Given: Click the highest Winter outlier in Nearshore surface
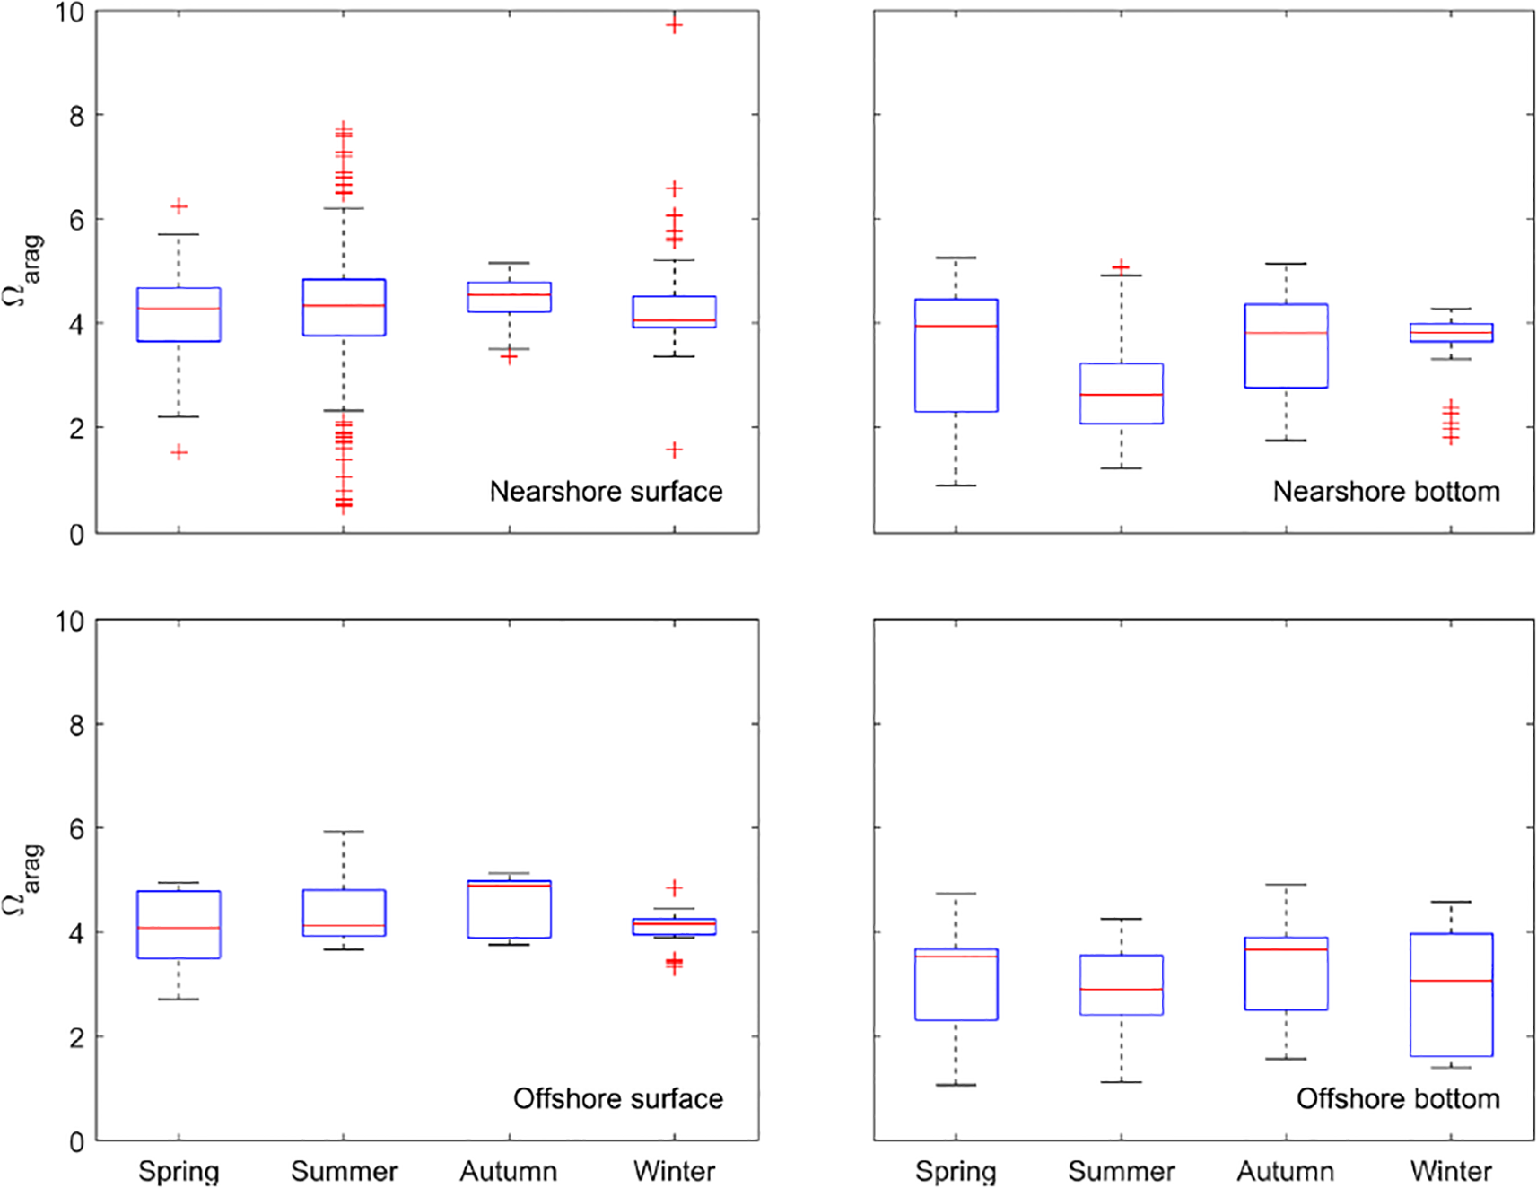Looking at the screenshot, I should (674, 25).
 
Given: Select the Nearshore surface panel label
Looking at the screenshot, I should (606, 492).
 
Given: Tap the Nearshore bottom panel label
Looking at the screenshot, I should (1385, 492).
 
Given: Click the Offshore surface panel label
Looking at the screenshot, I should (617, 1099).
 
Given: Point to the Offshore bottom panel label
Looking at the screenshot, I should (1397, 1099).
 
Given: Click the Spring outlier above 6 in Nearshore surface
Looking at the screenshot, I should (179, 207).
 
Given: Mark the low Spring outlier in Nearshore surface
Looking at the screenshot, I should (179, 452).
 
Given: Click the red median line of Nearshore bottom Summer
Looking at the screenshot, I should (1121, 395).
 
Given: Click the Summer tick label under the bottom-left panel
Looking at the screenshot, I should (344, 1171).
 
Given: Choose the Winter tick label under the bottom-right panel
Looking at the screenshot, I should (1451, 1171).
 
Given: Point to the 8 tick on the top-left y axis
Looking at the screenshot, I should (76, 116).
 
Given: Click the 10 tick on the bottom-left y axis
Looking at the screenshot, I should (69, 622).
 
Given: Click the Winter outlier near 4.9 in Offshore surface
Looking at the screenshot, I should (674, 888).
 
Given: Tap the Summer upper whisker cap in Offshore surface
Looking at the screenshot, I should (344, 832).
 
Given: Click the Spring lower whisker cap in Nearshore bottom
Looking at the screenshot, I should (956, 485).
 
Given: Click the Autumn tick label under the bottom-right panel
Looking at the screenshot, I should (1285, 1171).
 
